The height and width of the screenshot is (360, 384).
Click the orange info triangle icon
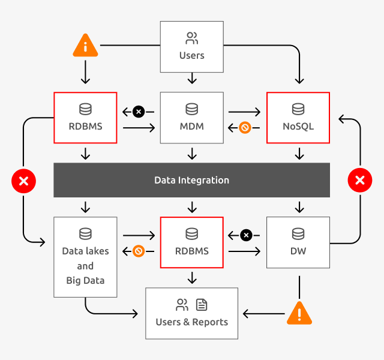click(85, 47)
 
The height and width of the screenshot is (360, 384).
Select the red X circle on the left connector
click(24, 181)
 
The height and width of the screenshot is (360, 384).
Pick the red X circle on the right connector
click(360, 181)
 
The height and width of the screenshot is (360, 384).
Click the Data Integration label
click(191, 180)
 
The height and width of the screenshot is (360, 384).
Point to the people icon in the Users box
click(191, 40)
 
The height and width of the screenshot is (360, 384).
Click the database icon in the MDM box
click(191, 109)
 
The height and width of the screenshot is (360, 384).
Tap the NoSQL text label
click(298, 127)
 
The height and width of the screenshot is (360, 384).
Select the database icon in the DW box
click(298, 233)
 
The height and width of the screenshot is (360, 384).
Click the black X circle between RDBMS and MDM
click(139, 112)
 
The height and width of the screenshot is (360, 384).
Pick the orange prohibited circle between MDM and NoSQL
click(245, 127)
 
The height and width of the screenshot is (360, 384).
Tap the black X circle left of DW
click(245, 235)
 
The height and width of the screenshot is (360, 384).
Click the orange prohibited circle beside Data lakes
click(139, 251)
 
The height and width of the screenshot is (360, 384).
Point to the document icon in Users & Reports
click(202, 305)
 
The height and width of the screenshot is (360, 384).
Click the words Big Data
click(85, 280)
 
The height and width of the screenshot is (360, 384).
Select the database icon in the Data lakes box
click(85, 233)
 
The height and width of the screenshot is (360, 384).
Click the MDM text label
click(191, 127)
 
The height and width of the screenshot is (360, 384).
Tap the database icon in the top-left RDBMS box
click(85, 109)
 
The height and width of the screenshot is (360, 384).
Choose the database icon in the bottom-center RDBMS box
click(191, 233)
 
